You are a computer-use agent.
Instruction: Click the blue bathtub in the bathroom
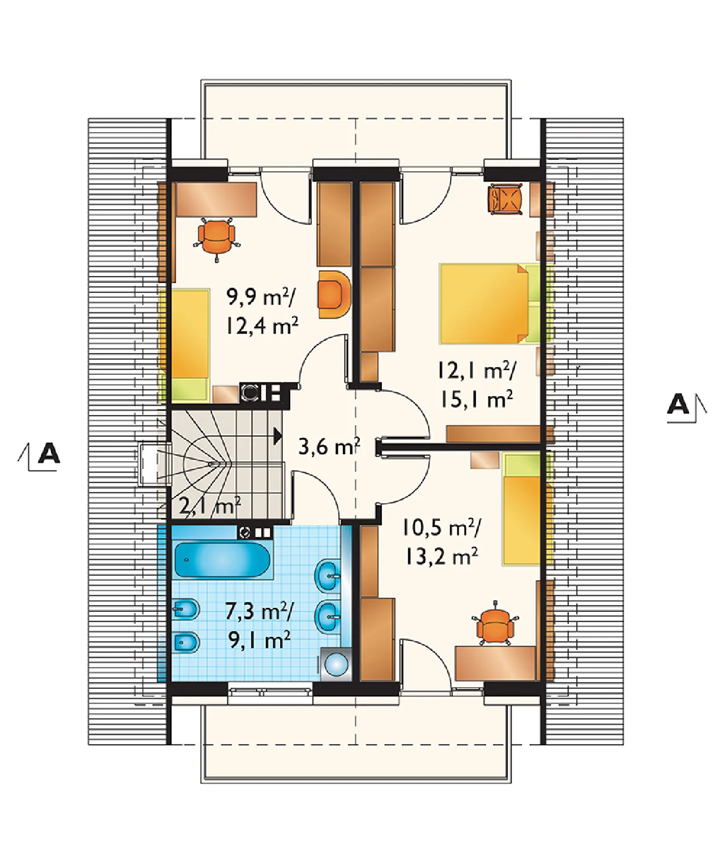223,559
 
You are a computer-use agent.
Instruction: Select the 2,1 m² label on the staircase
210,505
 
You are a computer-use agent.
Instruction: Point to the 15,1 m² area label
476,399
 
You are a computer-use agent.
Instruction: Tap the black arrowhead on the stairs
278,435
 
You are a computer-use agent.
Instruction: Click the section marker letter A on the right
678,404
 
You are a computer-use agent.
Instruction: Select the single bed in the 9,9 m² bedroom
190,345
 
